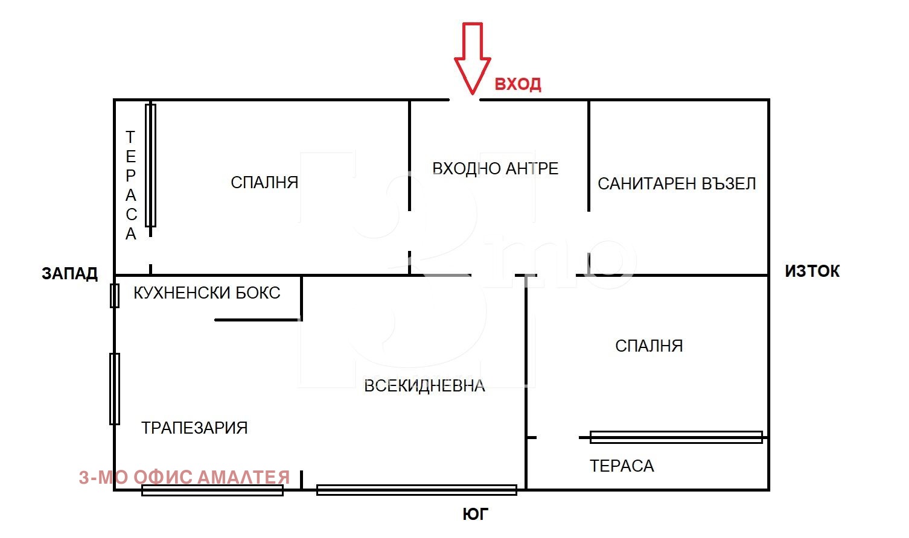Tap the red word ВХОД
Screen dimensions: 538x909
point(517,84)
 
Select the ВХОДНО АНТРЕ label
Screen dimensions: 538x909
point(495,168)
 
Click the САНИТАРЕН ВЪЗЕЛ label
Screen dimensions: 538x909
point(677,183)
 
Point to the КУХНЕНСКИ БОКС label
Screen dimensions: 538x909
point(206,293)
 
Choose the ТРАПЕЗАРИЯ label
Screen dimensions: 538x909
point(194,428)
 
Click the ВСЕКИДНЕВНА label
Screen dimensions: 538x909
point(424,386)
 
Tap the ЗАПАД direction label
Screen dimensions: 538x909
point(69,274)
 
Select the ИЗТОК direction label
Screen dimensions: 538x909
point(812,271)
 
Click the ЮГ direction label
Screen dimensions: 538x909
point(475,514)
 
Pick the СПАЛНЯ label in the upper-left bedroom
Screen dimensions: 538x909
point(264,182)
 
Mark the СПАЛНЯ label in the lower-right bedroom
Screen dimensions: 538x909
point(649,346)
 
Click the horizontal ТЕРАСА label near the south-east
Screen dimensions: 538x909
point(622,466)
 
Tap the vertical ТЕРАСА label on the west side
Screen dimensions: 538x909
point(130,185)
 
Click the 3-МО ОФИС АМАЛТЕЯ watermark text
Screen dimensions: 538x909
point(184,478)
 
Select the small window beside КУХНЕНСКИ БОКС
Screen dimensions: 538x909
point(114,296)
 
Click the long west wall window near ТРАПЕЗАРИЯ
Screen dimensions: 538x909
point(114,389)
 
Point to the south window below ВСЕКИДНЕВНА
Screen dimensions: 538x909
point(416,490)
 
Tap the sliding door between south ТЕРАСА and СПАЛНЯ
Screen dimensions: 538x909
point(676,437)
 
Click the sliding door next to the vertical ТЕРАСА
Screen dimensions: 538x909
point(150,165)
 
